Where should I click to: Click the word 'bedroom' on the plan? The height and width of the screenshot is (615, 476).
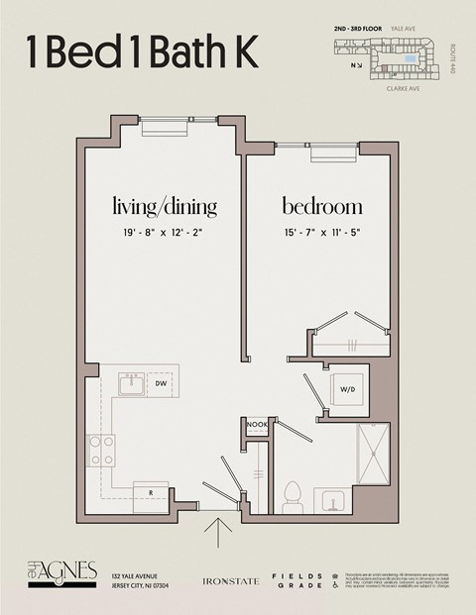click(x=321, y=207)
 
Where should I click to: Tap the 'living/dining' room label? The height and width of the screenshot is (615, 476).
click(x=164, y=207)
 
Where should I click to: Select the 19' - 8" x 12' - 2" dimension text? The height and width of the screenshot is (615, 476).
click(x=164, y=234)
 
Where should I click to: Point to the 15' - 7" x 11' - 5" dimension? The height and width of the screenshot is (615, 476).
click(x=321, y=234)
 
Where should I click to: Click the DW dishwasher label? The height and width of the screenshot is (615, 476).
click(x=161, y=383)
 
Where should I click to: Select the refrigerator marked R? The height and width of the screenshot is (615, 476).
click(x=151, y=491)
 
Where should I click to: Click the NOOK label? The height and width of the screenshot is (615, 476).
click(x=257, y=425)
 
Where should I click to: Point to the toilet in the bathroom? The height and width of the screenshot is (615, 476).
click(x=293, y=492)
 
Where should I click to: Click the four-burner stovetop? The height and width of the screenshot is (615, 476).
click(x=100, y=451)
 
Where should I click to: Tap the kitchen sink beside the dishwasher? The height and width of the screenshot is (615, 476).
click(x=131, y=383)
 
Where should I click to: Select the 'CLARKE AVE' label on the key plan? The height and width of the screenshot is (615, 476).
click(x=404, y=88)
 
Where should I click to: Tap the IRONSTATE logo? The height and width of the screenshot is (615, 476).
click(x=230, y=580)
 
